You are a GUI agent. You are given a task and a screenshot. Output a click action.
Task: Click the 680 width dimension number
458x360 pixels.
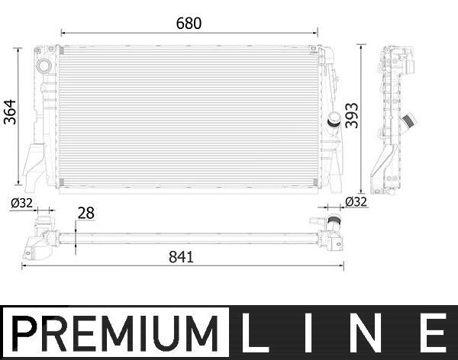coord(189,24)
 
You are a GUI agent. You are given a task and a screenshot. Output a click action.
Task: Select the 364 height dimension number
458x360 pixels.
coord(10,112)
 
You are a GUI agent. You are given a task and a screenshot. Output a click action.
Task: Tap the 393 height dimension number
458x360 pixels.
coord(351,115)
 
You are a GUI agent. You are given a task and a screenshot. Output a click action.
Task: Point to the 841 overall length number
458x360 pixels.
coord(181,257)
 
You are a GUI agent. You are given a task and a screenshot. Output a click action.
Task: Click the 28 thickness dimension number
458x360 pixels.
coord(85,213)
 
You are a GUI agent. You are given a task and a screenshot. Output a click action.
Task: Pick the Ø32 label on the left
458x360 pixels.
coord(22,203)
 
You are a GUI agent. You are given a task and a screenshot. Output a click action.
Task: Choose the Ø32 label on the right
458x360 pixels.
coord(356,202)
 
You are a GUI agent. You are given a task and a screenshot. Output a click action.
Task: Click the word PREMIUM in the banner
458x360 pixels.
coord(115,333)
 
